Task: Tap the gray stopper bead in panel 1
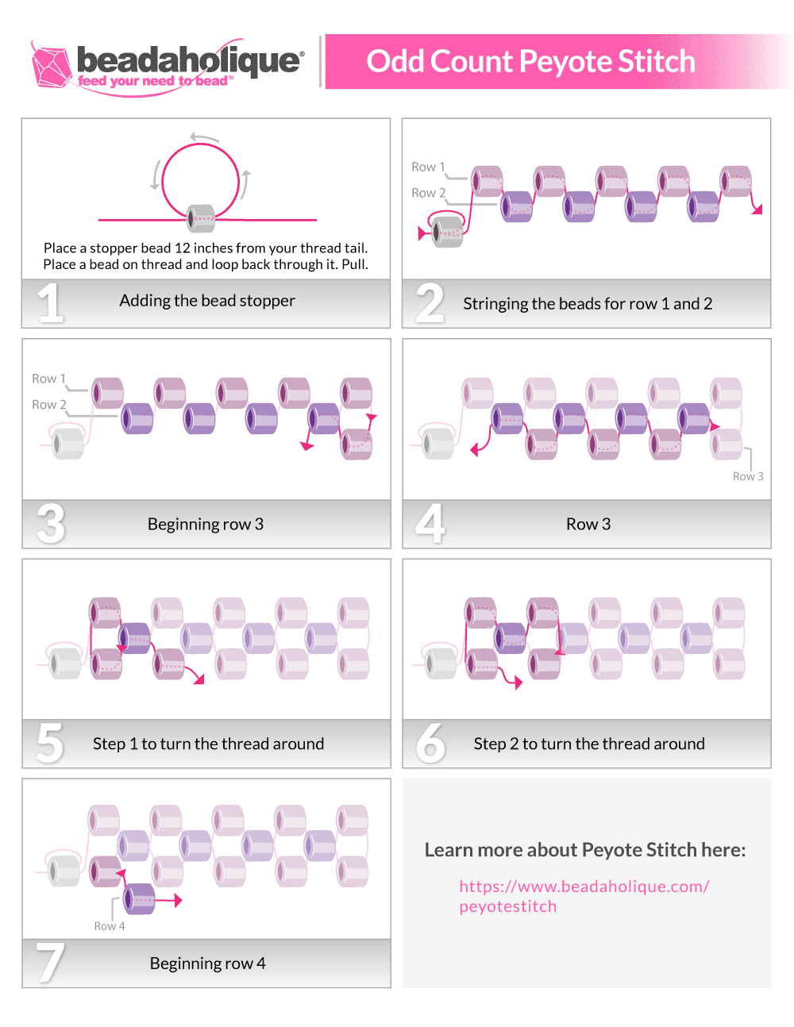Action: pyautogui.click(x=201, y=218)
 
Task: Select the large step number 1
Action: pyautogui.click(x=50, y=303)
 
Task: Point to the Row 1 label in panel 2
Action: pyautogui.click(x=428, y=167)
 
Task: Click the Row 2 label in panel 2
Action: pyautogui.click(x=428, y=193)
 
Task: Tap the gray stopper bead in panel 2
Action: pyautogui.click(x=448, y=232)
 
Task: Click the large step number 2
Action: pyautogui.click(x=430, y=303)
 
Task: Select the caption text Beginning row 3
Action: pyautogui.click(x=206, y=524)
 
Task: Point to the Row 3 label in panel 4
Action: pyautogui.click(x=748, y=476)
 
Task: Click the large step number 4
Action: pyautogui.click(x=430, y=524)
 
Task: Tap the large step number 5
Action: pyautogui.click(x=49, y=743)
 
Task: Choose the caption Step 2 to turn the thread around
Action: pyautogui.click(x=589, y=744)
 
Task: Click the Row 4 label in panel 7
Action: pyautogui.click(x=110, y=926)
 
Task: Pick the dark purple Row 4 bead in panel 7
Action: pyautogui.click(x=139, y=899)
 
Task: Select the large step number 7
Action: pyautogui.click(x=49, y=962)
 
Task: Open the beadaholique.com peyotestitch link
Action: pyautogui.click(x=584, y=896)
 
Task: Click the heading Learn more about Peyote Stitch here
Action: pyautogui.click(x=585, y=850)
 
